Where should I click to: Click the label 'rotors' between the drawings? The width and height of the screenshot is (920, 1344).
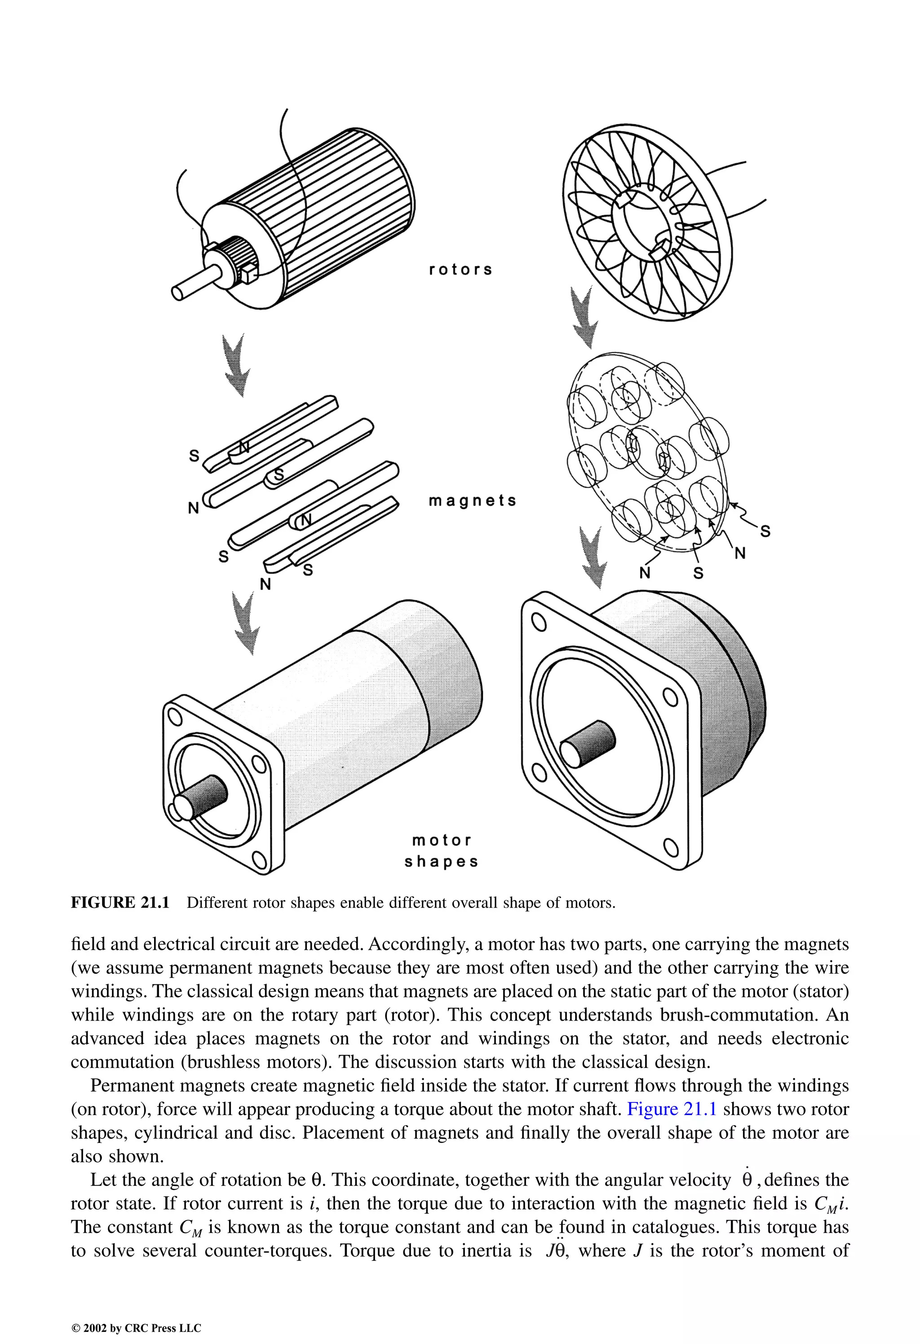click(x=460, y=269)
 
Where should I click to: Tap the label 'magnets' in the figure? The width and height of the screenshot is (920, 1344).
click(x=472, y=501)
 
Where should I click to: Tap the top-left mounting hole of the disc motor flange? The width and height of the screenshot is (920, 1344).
click(x=538, y=623)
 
